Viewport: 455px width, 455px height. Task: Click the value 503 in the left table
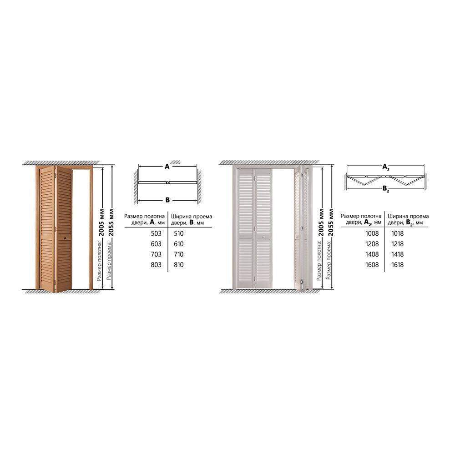pyautogui.click(x=156, y=233)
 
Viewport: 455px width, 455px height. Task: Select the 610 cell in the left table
pyautogui.click(x=179, y=244)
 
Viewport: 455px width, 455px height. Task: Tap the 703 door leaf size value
pyautogui.click(x=156, y=254)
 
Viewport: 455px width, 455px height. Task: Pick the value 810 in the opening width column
pyautogui.click(x=179, y=265)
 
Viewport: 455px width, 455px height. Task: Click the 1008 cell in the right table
pyautogui.click(x=372, y=233)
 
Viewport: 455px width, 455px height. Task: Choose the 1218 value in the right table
pyautogui.click(x=397, y=244)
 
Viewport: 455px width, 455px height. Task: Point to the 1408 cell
pyautogui.click(x=372, y=254)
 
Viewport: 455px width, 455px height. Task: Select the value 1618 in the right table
pyautogui.click(x=397, y=265)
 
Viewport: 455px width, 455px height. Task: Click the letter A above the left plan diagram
pyautogui.click(x=167, y=167)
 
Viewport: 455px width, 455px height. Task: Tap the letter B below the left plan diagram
pyautogui.click(x=167, y=200)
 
